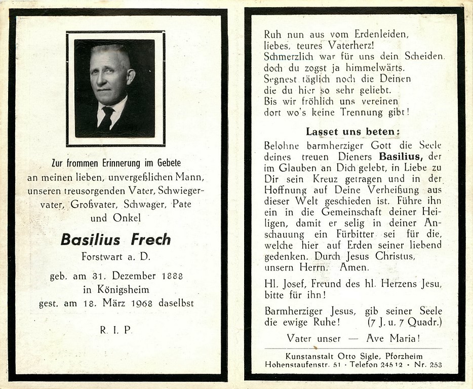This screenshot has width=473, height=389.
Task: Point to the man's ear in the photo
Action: [131, 76]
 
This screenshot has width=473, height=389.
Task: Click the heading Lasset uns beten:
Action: [353, 132]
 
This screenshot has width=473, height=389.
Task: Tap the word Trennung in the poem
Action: [371, 113]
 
